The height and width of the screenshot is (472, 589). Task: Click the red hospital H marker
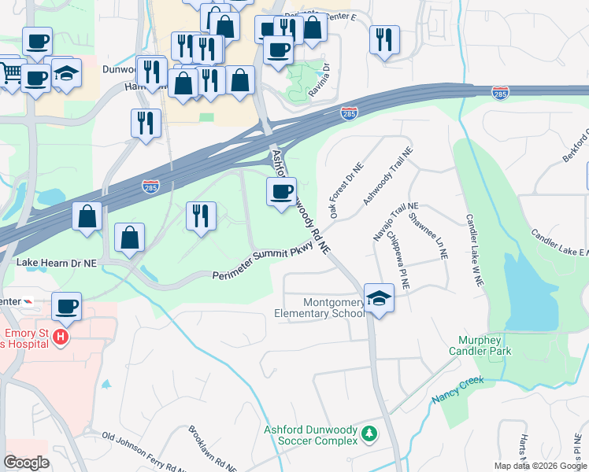click(x=61, y=338)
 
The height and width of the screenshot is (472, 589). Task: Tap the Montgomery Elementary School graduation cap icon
click(x=379, y=299)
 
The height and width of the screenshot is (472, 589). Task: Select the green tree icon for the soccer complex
click(x=368, y=434)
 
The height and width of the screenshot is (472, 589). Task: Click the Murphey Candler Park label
click(x=480, y=346)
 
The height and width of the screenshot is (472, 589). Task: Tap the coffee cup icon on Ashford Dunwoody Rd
click(x=281, y=191)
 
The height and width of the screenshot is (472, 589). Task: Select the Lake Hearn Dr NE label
click(x=57, y=265)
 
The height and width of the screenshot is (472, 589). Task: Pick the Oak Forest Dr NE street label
click(x=346, y=191)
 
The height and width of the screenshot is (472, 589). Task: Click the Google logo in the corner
click(x=26, y=463)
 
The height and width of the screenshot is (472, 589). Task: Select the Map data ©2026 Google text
click(x=540, y=466)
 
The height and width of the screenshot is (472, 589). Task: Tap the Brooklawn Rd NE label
click(x=205, y=448)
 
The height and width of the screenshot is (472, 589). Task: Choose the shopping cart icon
click(x=9, y=72)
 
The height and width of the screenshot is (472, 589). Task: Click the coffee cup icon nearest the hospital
click(x=66, y=306)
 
